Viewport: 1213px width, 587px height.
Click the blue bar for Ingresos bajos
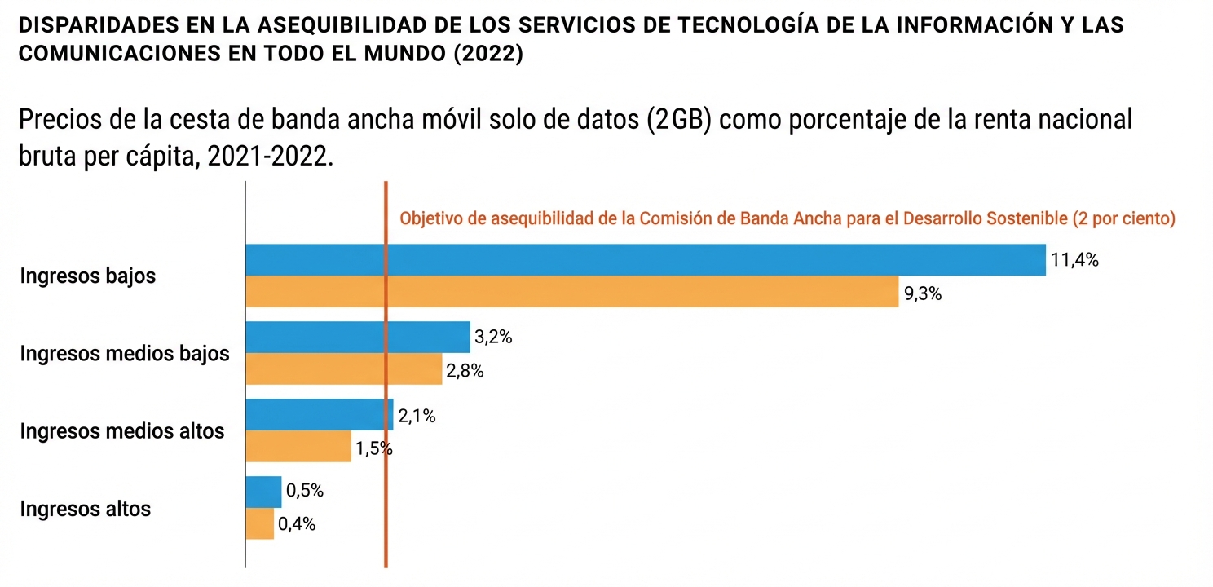click(645, 260)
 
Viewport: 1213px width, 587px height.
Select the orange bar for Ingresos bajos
click(571, 292)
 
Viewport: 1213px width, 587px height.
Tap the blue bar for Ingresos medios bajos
click(357, 338)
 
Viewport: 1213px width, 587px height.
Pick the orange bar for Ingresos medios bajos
click(343, 369)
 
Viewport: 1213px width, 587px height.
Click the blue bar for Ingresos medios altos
click(319, 415)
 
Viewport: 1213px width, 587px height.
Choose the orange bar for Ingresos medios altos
click(298, 447)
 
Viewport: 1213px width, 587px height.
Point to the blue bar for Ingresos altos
click(263, 492)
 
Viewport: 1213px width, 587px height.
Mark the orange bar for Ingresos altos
click(259, 523)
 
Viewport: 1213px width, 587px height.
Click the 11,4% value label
click(1075, 261)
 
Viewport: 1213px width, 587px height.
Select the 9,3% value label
click(923, 294)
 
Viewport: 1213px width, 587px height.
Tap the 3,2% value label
click(492, 338)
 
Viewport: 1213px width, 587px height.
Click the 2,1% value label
click(417, 417)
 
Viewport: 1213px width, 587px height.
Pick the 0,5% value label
click(304, 491)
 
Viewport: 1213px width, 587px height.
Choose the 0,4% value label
click(297, 524)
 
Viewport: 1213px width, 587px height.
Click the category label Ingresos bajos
click(87, 276)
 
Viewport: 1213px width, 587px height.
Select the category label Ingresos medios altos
click(121, 430)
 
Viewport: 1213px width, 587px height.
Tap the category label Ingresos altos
click(85, 509)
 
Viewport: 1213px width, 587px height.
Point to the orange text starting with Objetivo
click(787, 218)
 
